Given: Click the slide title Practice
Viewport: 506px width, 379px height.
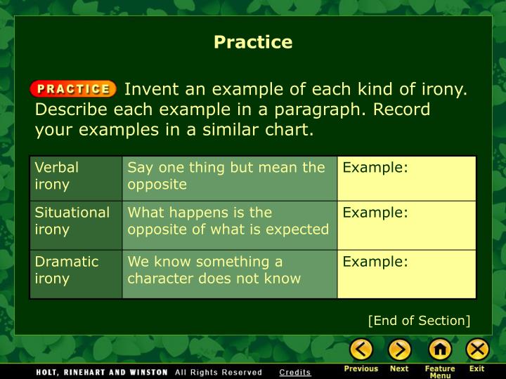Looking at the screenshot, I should (253, 42).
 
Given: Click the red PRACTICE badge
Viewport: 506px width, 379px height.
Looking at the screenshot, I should (73, 89).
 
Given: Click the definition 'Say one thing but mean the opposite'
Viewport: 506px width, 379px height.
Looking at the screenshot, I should (229, 176).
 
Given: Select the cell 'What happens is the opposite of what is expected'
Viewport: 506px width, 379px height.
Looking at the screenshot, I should (229, 221).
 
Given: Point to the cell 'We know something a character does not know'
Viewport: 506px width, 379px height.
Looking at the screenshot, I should (229, 270).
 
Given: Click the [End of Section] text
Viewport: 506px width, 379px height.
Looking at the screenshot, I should (419, 321).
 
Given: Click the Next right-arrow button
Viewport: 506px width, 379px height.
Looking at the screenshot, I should (399, 349).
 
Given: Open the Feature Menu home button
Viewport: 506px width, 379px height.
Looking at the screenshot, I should (440, 349).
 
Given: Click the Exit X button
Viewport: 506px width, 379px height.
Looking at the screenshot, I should (477, 349).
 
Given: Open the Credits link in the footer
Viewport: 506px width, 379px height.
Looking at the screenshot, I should (294, 372).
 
